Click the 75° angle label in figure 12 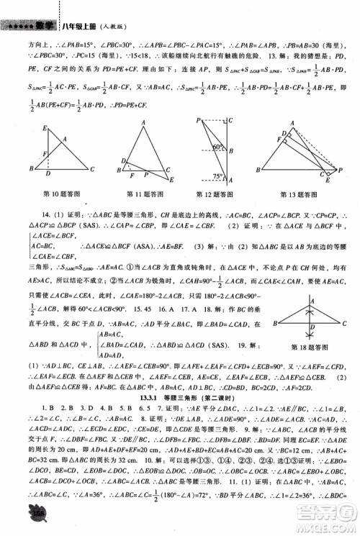(217, 176)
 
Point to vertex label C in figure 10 (91, 170)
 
